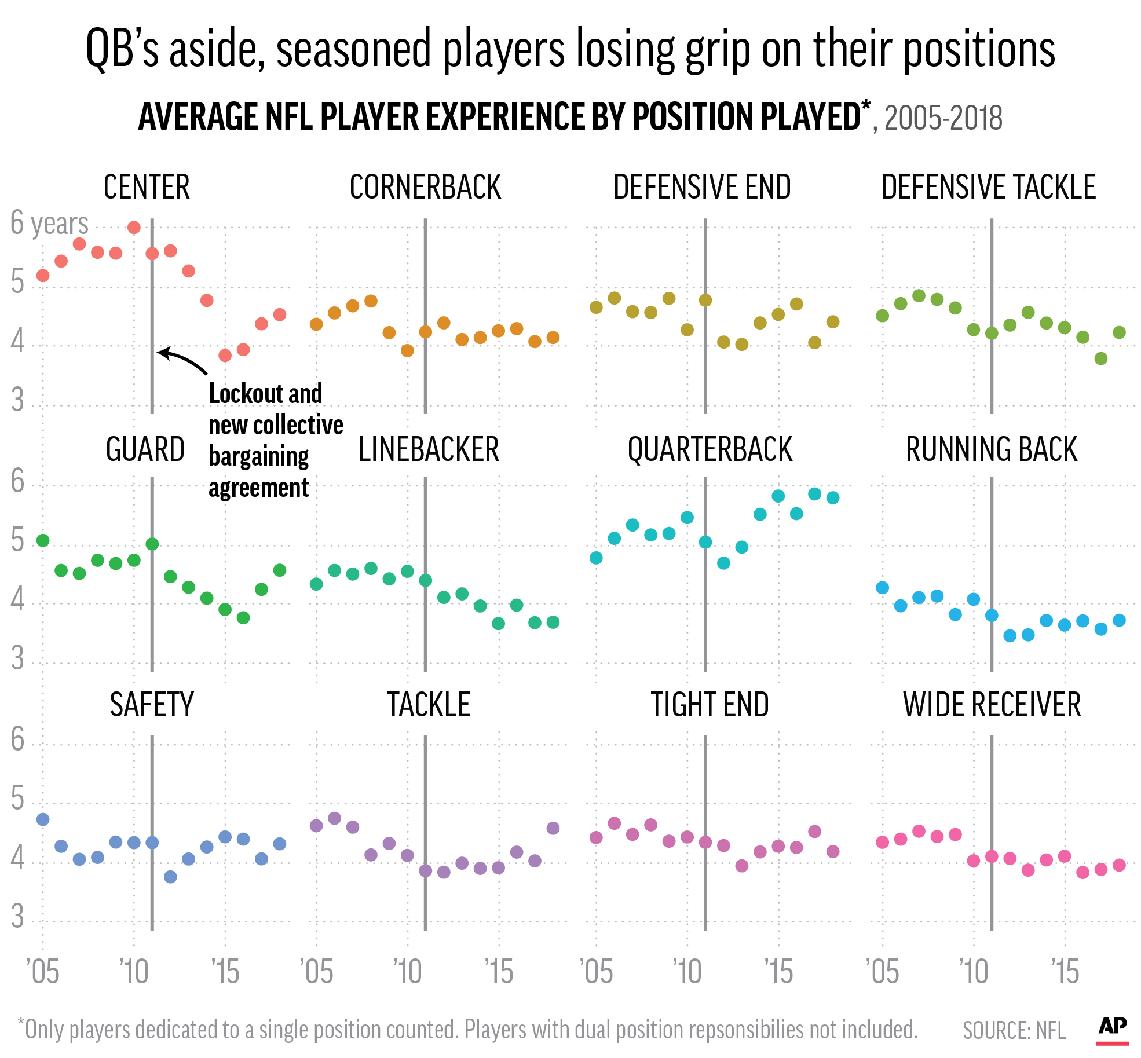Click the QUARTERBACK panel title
pos(710,450)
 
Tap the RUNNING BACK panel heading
pos(991,450)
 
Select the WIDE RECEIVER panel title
pos(992,705)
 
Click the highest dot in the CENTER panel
pos(134,228)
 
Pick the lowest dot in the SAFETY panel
pos(170,877)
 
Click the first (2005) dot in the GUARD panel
pos(43,540)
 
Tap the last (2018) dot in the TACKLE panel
pos(553,828)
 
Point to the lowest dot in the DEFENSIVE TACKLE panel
pos(1101,358)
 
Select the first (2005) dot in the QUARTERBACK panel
pos(596,558)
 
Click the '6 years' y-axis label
pos(49,224)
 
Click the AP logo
pos(1112,1027)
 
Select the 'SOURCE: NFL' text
pos(1014,1030)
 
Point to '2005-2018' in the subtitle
pos(943,119)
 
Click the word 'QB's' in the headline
pos(122,49)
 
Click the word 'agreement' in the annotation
pos(258,488)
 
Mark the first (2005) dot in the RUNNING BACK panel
pos(882,588)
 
